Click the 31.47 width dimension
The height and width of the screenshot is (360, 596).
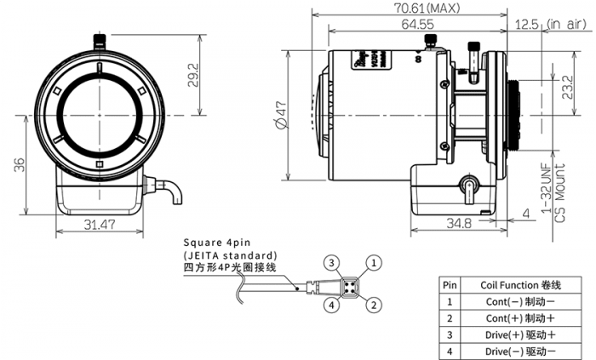(100, 225)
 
